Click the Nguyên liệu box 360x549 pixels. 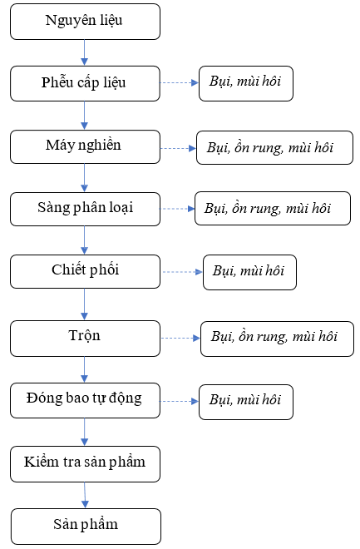(x=85, y=22)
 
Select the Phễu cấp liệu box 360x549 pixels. (x=85, y=84)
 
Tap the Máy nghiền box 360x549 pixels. (x=85, y=146)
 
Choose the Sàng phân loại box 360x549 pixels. (x=85, y=209)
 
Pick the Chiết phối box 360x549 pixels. (x=85, y=271)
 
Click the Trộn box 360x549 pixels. (x=85, y=339)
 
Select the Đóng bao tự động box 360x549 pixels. (x=85, y=401)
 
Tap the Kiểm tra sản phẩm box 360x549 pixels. (x=85, y=464)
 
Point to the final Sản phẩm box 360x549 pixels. (x=86, y=527)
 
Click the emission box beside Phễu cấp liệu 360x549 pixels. (x=246, y=84)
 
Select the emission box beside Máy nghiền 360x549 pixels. (x=274, y=148)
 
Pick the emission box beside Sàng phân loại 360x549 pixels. (x=273, y=208)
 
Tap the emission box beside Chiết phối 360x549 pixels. (x=249, y=272)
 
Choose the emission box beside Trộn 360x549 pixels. (x=277, y=339)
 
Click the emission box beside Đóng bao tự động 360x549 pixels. (x=246, y=402)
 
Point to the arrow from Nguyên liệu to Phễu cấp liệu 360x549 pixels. (x=84, y=52)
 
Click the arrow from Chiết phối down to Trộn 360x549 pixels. (x=84, y=304)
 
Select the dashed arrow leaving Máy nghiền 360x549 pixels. (x=178, y=148)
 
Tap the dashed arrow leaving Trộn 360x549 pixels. (x=180, y=339)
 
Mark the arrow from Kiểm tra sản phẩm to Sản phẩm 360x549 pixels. (x=85, y=495)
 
